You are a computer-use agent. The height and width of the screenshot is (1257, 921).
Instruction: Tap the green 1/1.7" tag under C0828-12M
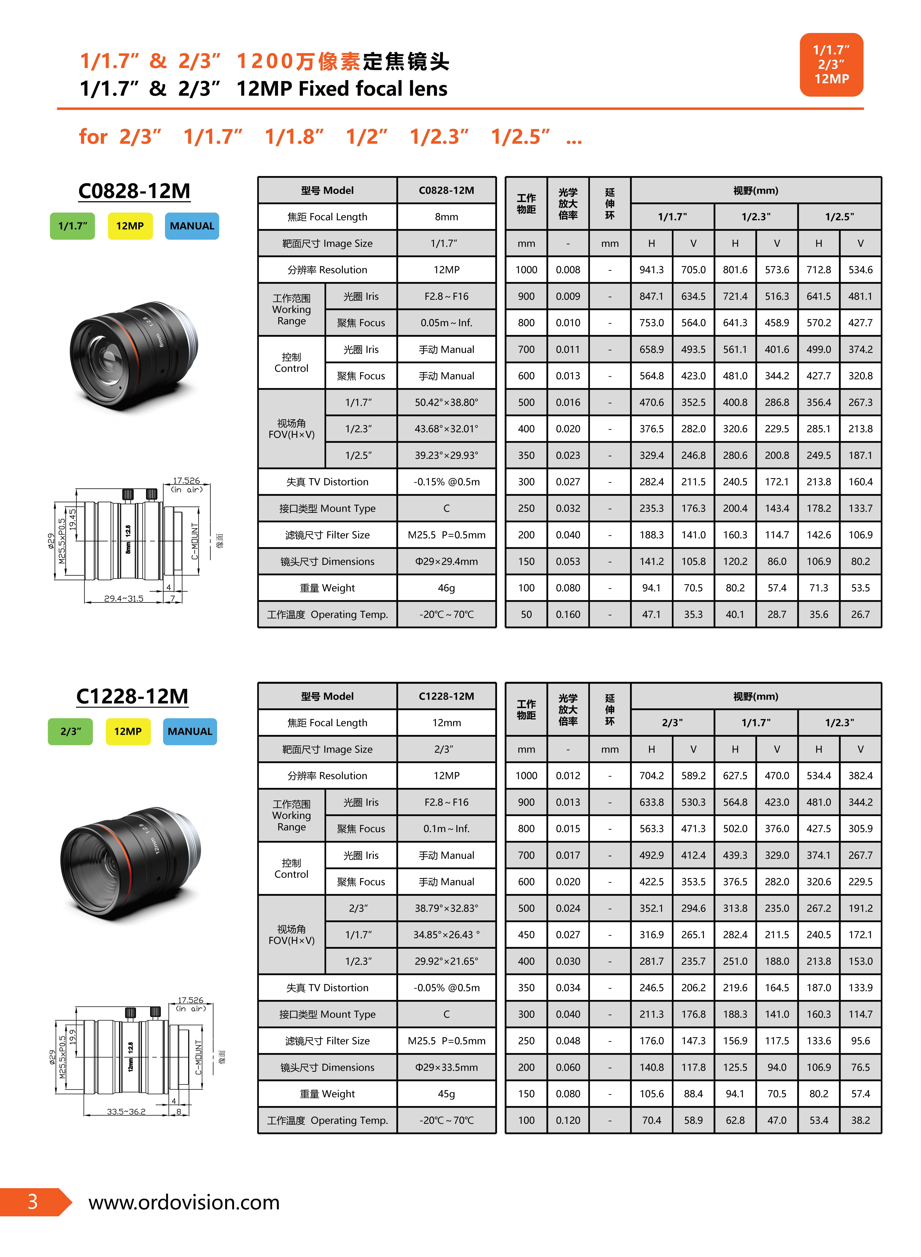(x=73, y=226)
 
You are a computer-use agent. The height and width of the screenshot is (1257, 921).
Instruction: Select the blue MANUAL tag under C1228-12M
(x=190, y=731)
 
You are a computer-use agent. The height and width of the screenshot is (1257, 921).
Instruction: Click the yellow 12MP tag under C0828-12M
(x=130, y=226)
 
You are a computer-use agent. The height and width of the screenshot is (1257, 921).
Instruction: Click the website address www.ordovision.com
(x=184, y=1202)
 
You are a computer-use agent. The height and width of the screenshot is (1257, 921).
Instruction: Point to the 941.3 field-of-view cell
(x=651, y=270)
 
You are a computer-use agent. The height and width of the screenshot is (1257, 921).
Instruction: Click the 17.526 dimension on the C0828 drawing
(x=186, y=480)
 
